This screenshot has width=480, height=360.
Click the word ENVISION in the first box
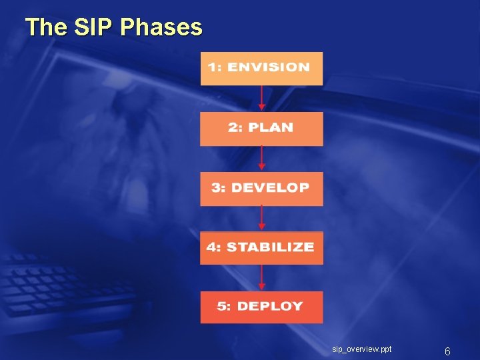point(269,67)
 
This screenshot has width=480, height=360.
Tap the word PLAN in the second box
point(270,127)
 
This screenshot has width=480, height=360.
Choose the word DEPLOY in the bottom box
point(270,307)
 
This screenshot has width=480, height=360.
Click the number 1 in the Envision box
point(211,67)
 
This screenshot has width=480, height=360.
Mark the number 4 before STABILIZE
point(211,247)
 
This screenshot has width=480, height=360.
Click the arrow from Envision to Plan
point(262,98)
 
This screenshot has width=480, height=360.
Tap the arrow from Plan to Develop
point(262,158)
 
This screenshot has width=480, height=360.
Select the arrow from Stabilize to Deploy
point(262,277)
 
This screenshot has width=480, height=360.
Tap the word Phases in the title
point(161,27)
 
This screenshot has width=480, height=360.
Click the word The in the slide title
point(47,27)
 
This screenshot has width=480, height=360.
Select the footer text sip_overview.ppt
point(362,349)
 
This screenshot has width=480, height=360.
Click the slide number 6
point(447,351)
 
